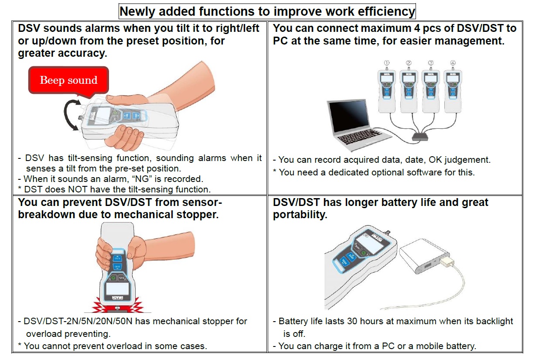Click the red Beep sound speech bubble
pos(68,81)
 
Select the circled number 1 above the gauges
pos(387,63)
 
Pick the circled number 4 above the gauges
pos(453,63)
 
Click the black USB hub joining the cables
pos(420,137)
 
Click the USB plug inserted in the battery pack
pos(447,262)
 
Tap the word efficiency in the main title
pos(386,12)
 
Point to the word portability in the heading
pos(300,215)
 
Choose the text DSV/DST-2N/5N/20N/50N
pos(78,321)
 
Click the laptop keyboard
pos(361,137)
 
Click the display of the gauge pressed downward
pos(117,289)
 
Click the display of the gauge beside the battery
pos(369,244)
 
